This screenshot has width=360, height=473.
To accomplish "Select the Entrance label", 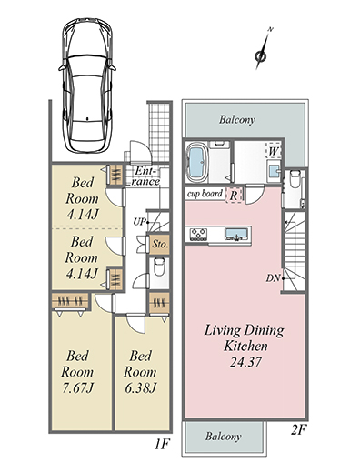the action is pos(145,176).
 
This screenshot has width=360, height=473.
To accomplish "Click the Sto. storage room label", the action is pos(159,244).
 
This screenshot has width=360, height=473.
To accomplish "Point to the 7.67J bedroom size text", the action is pos(77,387).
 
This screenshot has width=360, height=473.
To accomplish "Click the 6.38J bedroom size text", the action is pos(140,387).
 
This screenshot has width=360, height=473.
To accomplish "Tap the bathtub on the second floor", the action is pos(196,162).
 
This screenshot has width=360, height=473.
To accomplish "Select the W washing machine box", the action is pos(273,151).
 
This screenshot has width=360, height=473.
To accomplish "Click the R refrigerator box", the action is pos(234,195).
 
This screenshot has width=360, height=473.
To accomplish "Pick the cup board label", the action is pos(205,194).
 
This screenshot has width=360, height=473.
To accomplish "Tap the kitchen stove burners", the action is pos(198,235).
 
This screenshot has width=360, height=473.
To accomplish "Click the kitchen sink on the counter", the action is pos(236,235).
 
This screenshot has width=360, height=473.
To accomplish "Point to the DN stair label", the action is pos(273,278).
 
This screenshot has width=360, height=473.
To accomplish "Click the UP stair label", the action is pos(140,222).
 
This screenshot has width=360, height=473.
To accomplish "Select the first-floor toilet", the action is pos(159,266).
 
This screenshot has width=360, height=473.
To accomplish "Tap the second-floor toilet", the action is pos(295,179).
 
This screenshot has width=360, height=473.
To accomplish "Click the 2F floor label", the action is pos(299,430).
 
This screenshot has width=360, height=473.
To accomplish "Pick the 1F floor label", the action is pos(162,445).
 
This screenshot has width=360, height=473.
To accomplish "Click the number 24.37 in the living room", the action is pos(245,362).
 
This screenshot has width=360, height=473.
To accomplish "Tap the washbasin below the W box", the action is pos(274,172).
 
